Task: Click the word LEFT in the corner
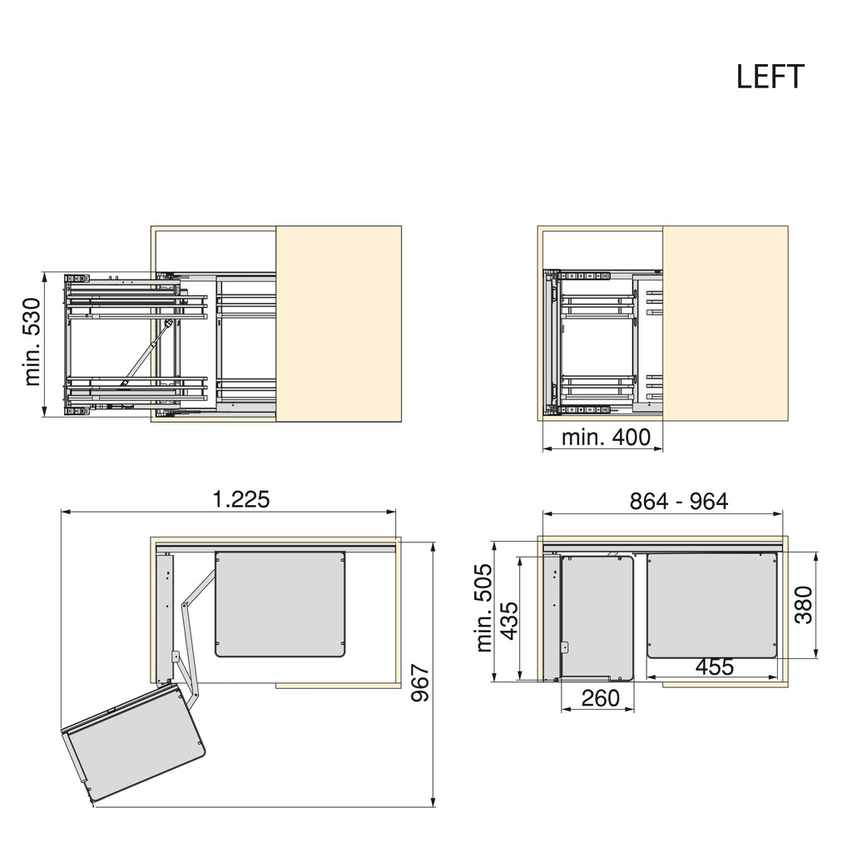[x=770, y=77]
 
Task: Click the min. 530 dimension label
[x=32, y=342]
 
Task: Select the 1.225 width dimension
[x=241, y=499]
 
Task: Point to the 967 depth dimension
[x=421, y=683]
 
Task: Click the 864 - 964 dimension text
[x=679, y=501]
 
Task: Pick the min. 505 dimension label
[x=484, y=608]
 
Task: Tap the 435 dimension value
[x=509, y=618]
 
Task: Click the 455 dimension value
[x=714, y=666]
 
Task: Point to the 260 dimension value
[x=600, y=697]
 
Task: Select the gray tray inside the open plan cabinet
[x=280, y=603]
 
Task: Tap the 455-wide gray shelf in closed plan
[x=712, y=603]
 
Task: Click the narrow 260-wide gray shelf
[x=597, y=616]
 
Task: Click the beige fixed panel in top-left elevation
[x=339, y=324]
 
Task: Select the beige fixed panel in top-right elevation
[x=725, y=324]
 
